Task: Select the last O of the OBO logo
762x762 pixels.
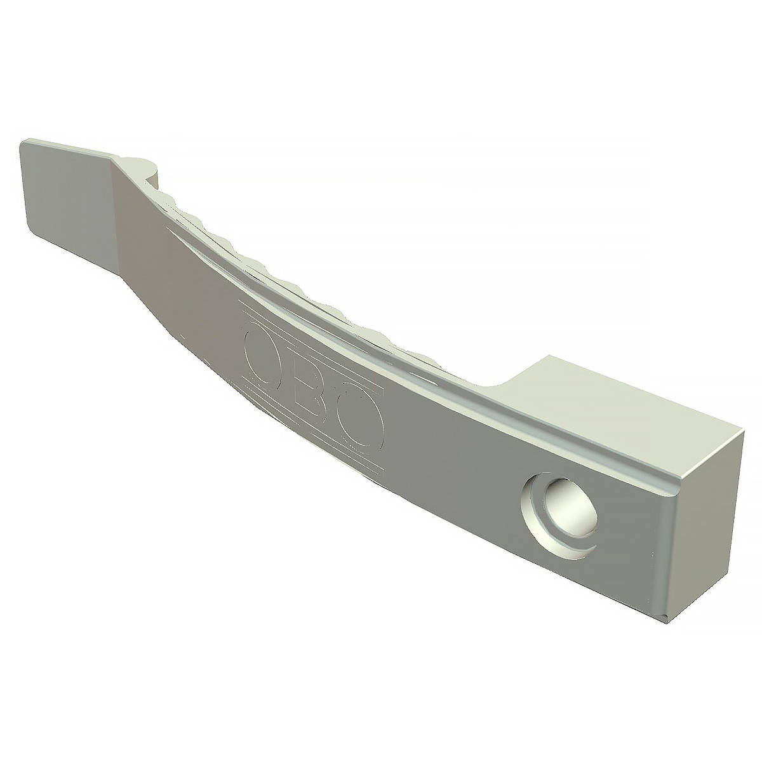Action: click(x=359, y=429)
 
